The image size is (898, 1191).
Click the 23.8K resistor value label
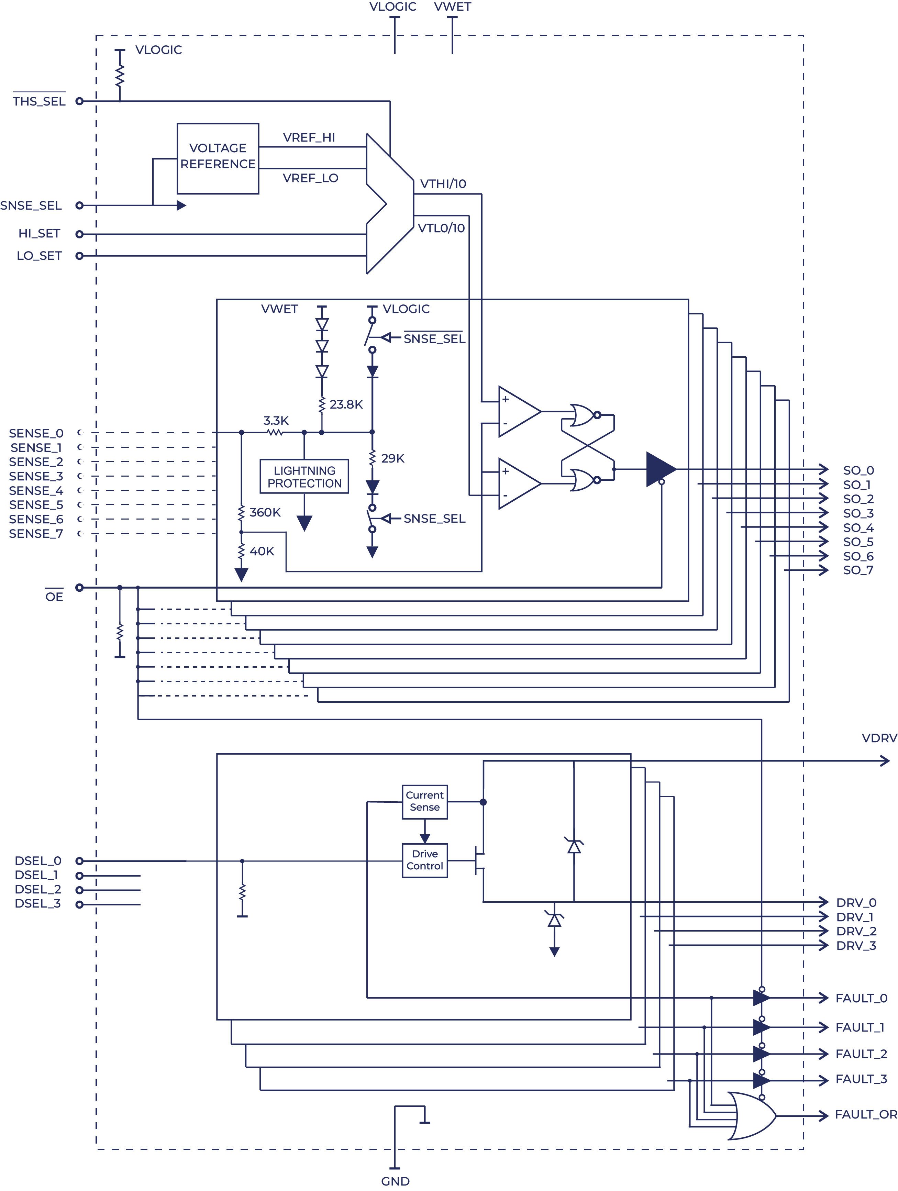[x=346, y=404]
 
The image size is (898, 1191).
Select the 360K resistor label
[x=265, y=512]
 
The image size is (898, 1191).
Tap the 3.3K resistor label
[x=276, y=421]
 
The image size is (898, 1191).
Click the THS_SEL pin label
[x=39, y=101]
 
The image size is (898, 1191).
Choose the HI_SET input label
[x=39, y=233]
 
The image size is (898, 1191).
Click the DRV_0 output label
[x=856, y=902]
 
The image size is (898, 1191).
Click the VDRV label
[x=879, y=738]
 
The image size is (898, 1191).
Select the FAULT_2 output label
[x=861, y=1054]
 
